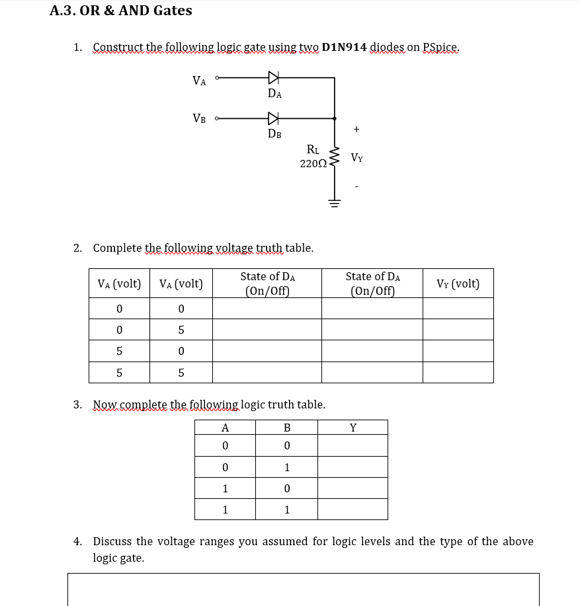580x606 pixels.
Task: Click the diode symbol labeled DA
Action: point(273,78)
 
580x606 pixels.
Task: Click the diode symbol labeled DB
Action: point(273,119)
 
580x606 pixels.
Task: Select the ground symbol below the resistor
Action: point(334,203)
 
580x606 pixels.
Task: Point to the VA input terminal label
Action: point(198,81)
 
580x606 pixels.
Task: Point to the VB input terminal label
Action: point(198,119)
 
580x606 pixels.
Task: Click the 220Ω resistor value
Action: point(311,163)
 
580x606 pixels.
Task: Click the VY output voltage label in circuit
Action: point(356,158)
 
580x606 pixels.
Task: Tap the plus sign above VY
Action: point(356,129)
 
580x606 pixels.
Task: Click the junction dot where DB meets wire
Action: point(334,119)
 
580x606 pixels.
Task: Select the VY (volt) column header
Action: point(458,284)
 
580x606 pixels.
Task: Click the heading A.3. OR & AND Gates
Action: point(121,11)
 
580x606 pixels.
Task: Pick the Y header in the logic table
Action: point(353,427)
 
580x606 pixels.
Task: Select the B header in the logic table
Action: point(287,427)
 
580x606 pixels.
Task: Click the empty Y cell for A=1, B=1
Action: point(353,510)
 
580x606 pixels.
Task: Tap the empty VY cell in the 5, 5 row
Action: point(458,372)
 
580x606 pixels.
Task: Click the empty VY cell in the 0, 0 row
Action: point(458,308)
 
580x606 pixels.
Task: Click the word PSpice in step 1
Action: point(440,47)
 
